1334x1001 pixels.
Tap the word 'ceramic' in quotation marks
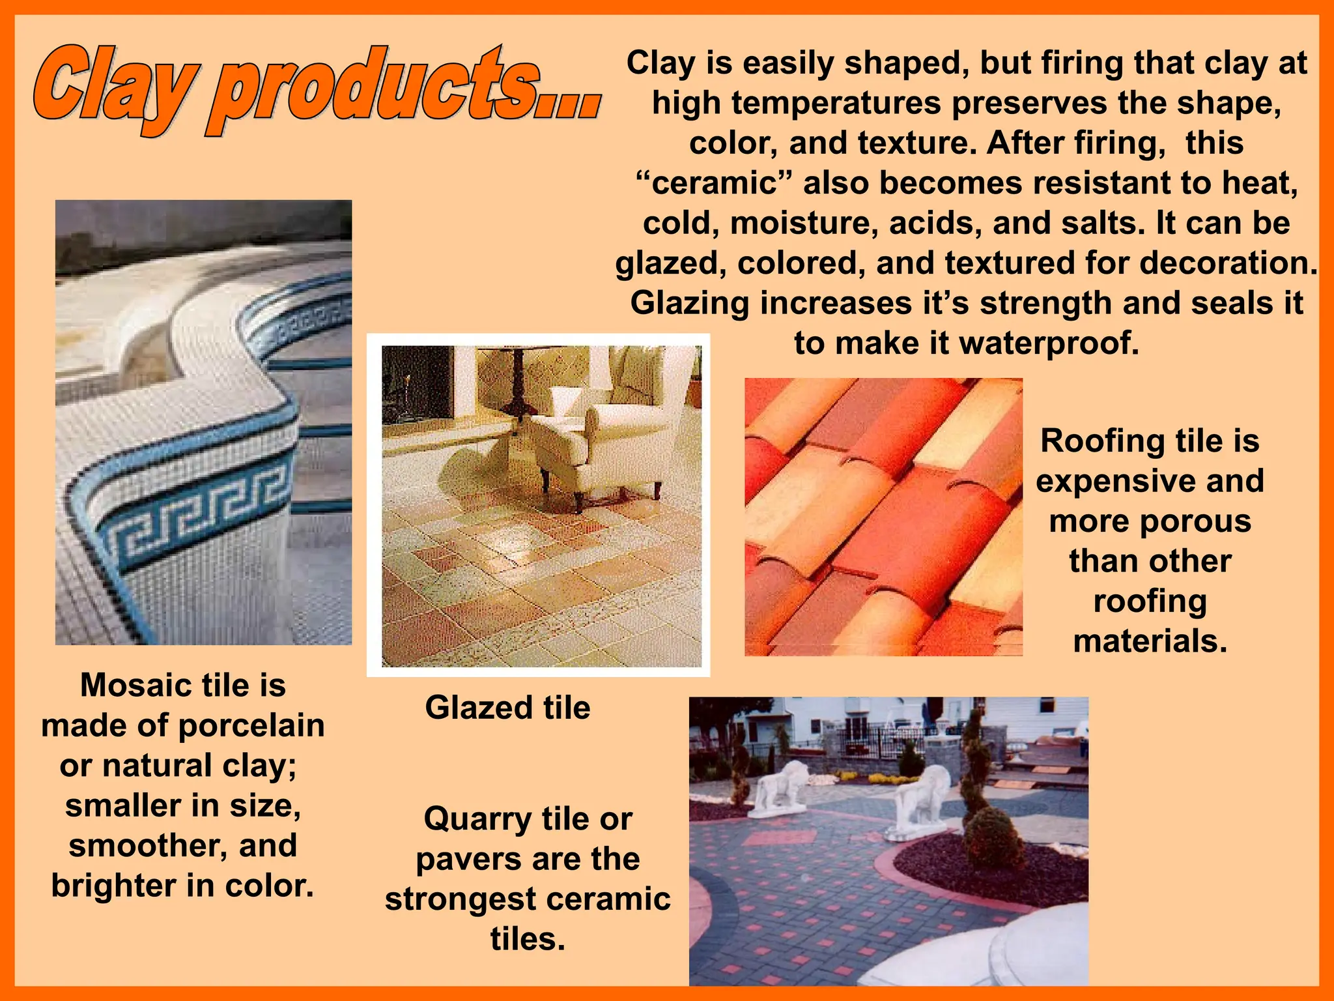tap(715, 183)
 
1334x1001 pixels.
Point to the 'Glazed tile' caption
tap(507, 708)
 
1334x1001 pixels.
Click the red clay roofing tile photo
tap(883, 517)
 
